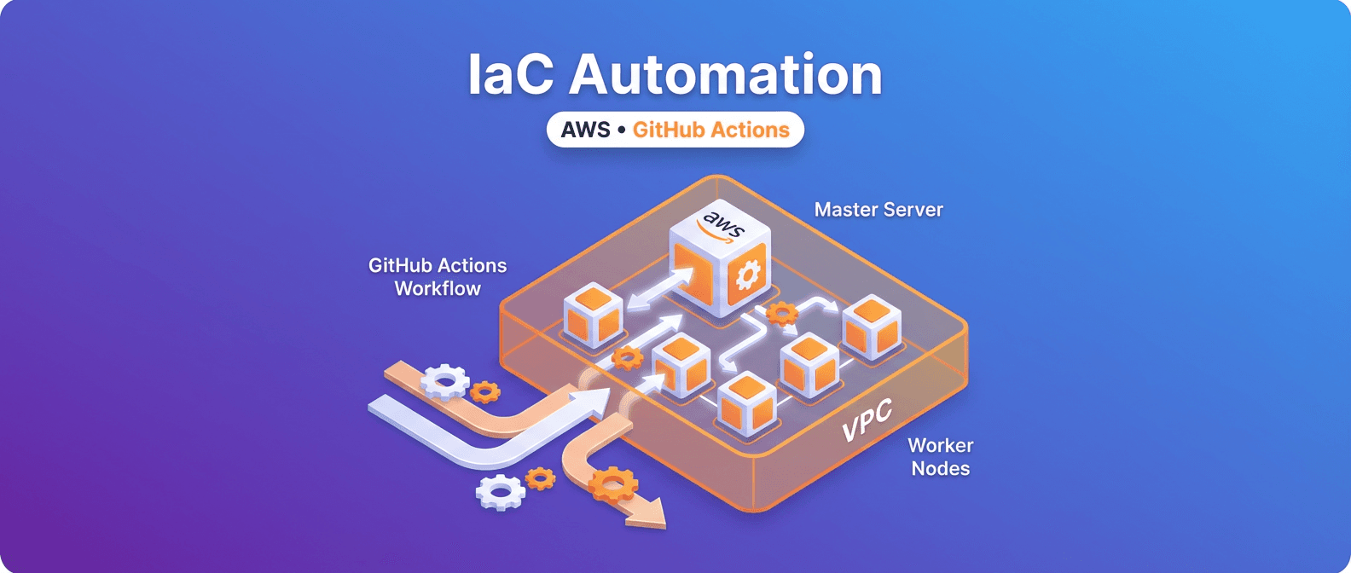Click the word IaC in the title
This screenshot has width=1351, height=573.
511,74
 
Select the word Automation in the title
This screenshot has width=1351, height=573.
725,74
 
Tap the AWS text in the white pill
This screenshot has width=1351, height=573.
585,130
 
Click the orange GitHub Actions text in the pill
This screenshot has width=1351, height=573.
710,130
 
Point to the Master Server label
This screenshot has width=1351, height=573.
878,210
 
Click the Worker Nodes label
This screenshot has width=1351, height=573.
941,457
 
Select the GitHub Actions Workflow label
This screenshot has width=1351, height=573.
438,277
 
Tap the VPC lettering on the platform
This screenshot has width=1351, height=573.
867,420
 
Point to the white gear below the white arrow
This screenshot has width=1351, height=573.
499,492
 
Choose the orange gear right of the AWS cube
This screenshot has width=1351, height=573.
780,314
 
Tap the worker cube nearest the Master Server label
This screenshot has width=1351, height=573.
872,326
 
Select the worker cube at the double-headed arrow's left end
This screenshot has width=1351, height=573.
594,315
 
